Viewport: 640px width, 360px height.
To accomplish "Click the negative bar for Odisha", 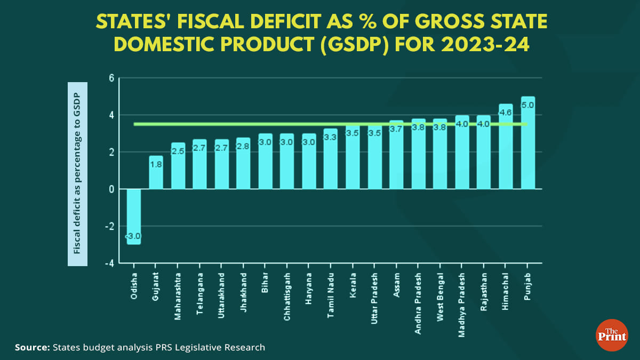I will pyautogui.click(x=134, y=216).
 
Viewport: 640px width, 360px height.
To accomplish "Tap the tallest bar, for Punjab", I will pyautogui.click(x=527, y=143).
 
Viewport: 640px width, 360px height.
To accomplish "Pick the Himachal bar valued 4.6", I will pyautogui.click(x=506, y=147).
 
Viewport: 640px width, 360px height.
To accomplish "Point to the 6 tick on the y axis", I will pyautogui.click(x=111, y=78).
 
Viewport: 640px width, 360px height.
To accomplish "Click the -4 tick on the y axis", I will pyautogui.click(x=110, y=263).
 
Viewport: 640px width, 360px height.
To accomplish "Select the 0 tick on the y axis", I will pyautogui.click(x=111, y=189).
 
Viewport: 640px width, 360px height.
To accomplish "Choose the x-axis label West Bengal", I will pyautogui.click(x=440, y=297).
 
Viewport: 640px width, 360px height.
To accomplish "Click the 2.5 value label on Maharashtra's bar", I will pyautogui.click(x=178, y=151).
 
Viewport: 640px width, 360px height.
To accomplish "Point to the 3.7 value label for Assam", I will pyautogui.click(x=396, y=129).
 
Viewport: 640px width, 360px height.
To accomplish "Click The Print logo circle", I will pyautogui.click(x=611, y=335).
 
